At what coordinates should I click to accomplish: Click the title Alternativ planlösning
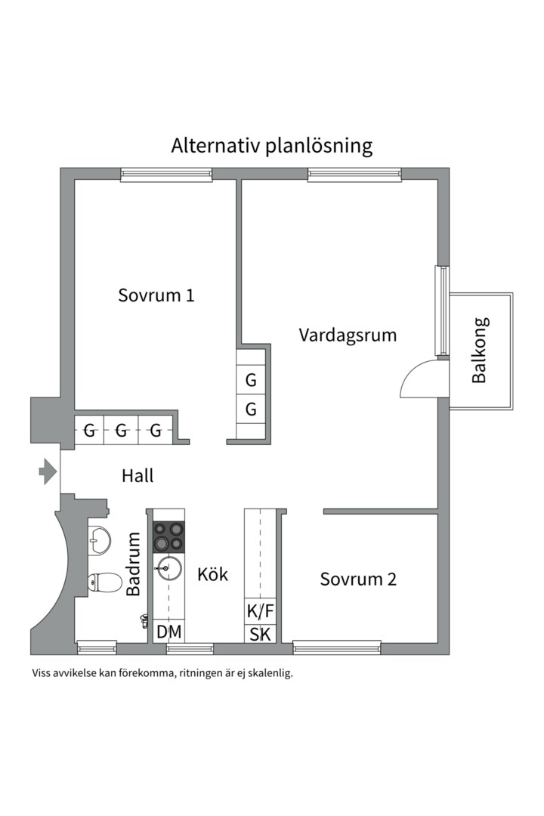[272, 145]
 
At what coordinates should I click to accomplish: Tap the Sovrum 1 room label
[156, 295]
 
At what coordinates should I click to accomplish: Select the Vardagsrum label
[348, 334]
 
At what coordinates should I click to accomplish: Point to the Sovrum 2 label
[358, 580]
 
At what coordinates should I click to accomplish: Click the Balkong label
[479, 350]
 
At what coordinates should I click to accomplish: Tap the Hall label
[138, 476]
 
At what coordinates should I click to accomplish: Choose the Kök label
[212, 574]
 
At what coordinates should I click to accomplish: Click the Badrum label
[134, 564]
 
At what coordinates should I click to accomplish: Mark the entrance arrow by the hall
[48, 472]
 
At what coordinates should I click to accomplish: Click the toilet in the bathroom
[104, 583]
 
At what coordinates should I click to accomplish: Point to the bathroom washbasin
[98, 539]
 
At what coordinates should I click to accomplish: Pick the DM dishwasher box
[168, 632]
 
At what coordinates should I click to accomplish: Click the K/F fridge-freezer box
[261, 610]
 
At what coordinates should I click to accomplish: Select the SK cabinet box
[261, 634]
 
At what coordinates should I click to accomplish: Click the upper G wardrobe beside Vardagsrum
[252, 380]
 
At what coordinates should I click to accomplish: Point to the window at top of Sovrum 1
[166, 175]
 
